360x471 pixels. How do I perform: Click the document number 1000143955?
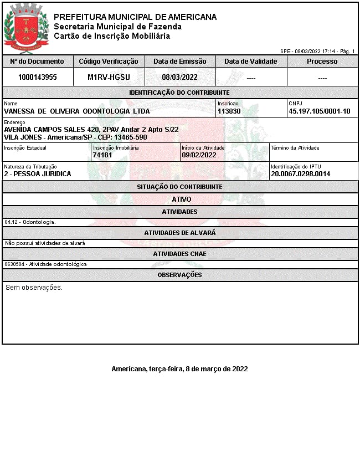(38, 78)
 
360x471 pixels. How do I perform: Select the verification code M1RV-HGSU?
(109, 78)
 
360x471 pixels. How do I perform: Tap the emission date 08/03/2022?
(180, 78)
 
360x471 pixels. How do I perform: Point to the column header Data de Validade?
(251, 62)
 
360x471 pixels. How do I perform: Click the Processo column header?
(322, 62)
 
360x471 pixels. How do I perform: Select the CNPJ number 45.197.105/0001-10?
(320, 111)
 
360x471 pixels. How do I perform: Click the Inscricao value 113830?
(229, 111)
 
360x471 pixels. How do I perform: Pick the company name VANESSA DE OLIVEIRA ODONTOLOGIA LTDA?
(77, 111)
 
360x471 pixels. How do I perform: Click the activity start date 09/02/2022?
(199, 155)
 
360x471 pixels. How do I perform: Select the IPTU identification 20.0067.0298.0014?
(300, 174)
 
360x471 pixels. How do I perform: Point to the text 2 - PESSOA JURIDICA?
(38, 174)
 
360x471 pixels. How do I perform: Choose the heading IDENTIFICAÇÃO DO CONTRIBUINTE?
(179, 93)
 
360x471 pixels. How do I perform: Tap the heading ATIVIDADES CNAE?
(179, 254)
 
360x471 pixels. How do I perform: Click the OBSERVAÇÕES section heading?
(179, 275)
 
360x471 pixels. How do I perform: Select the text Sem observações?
(34, 288)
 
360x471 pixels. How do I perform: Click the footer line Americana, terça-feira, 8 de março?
(179, 368)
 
